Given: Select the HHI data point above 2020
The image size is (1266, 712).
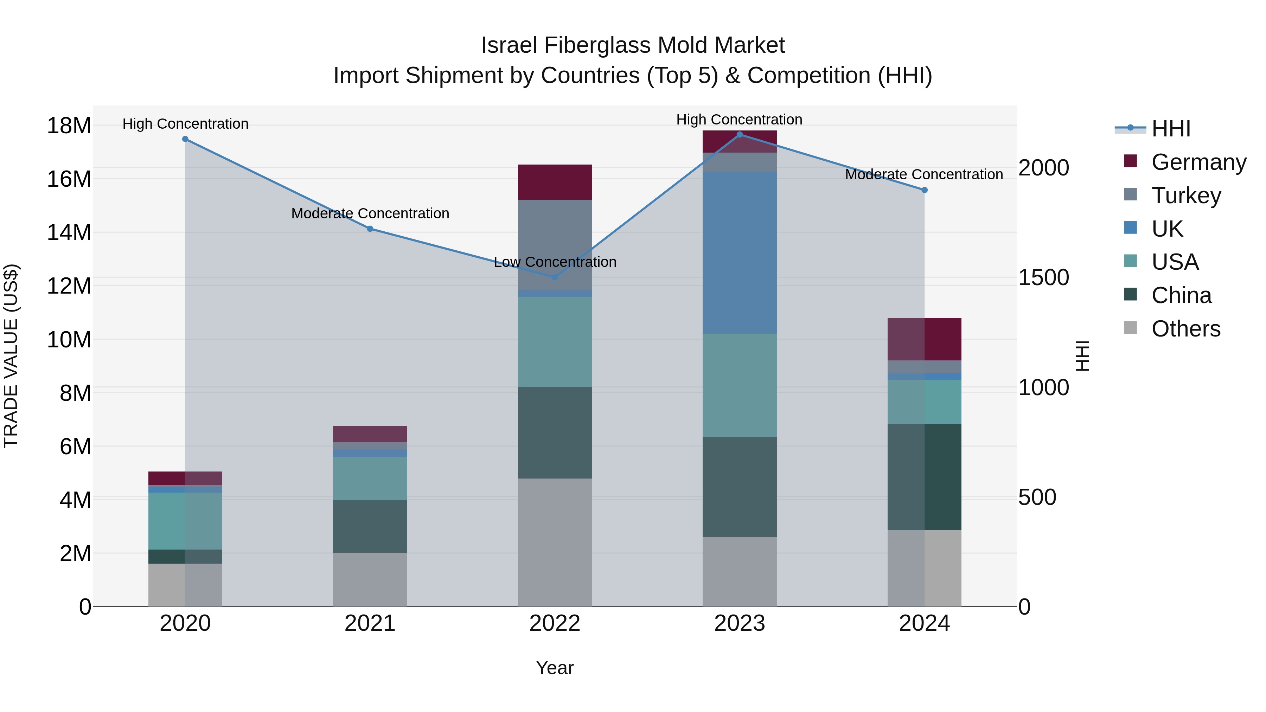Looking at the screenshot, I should (x=185, y=139).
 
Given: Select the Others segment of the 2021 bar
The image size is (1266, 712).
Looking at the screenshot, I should (x=370, y=579).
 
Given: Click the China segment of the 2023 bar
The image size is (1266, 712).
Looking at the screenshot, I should (x=739, y=487).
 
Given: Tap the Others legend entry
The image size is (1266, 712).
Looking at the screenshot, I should (x=1185, y=329).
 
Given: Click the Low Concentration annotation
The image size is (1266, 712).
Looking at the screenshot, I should (x=555, y=262).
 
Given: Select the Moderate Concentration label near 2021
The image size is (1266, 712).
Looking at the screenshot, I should (x=370, y=213).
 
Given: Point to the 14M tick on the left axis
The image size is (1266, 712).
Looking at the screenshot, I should (x=69, y=232).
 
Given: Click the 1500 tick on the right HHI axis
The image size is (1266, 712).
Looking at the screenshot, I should (x=1043, y=278).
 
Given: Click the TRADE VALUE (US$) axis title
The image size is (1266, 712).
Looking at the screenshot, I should (x=11, y=356).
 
